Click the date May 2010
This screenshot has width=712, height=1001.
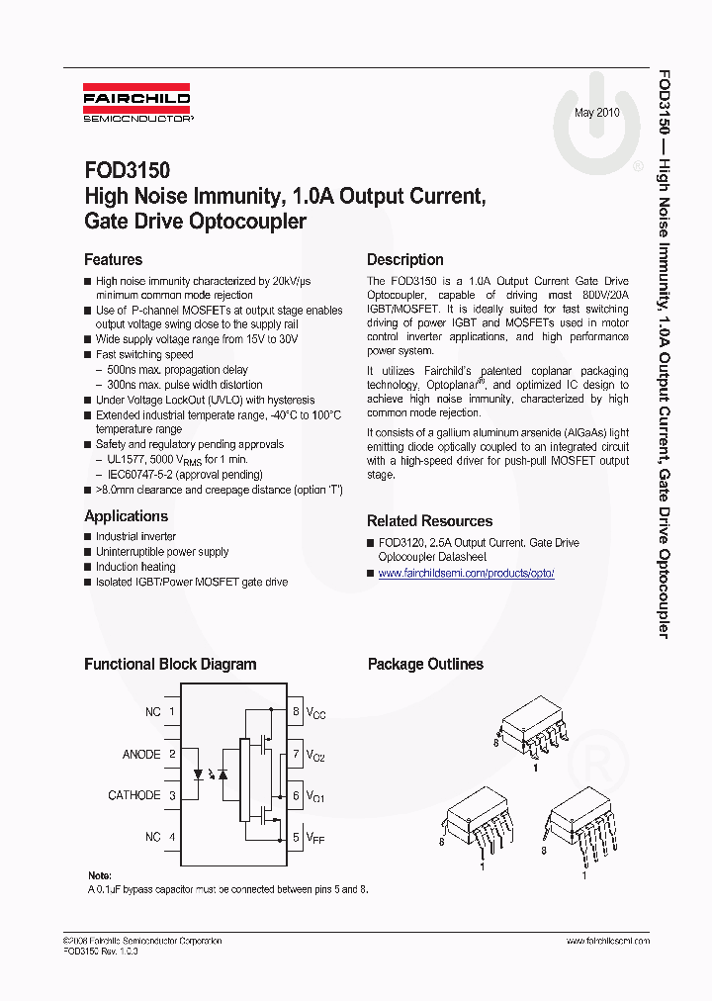click(x=597, y=113)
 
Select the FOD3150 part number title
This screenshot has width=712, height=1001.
click(x=127, y=172)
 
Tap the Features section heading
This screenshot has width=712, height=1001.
click(x=113, y=260)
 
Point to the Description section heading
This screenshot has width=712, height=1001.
click(x=404, y=260)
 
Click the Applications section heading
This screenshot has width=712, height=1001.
click(x=126, y=516)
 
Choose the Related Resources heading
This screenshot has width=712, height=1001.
click(x=429, y=521)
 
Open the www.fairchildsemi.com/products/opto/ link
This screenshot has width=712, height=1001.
click(x=466, y=574)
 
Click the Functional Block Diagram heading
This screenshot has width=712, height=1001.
click(x=170, y=665)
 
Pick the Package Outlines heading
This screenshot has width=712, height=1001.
click(x=425, y=665)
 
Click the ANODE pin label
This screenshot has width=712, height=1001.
click(x=140, y=754)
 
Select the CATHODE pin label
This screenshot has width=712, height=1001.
click(x=133, y=795)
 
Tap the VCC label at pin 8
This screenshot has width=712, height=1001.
click(x=315, y=712)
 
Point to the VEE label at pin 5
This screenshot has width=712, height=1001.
click(x=315, y=838)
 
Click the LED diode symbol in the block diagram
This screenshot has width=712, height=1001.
click(x=200, y=774)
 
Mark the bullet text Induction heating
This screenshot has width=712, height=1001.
click(x=135, y=567)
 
